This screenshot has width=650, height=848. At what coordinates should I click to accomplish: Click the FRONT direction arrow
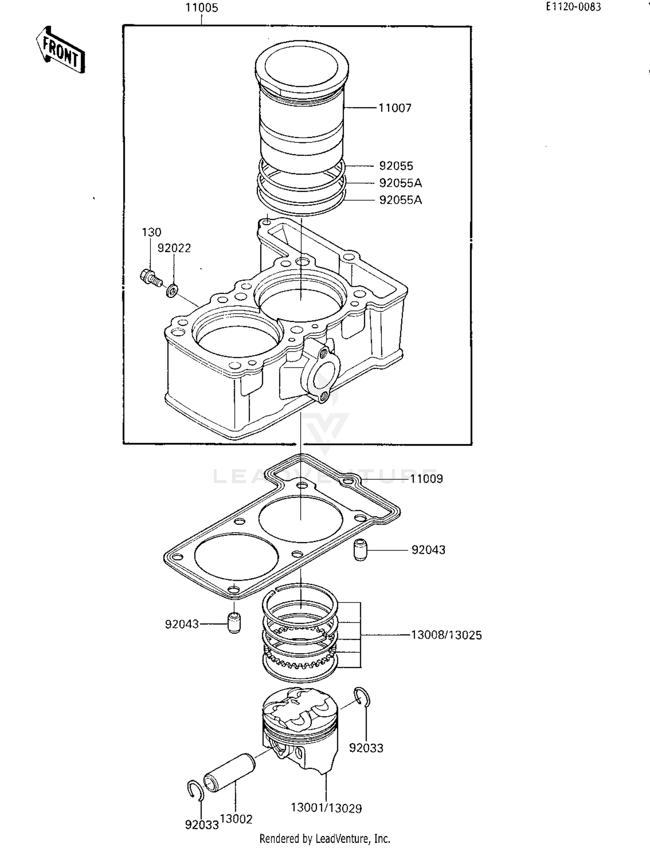[x=61, y=50]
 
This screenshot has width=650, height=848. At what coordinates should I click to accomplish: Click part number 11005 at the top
[x=201, y=8]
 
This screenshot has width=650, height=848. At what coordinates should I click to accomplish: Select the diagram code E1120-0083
[x=573, y=7]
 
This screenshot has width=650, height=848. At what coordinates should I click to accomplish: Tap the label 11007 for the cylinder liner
[x=395, y=108]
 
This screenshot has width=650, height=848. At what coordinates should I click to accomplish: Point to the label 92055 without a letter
[x=396, y=166]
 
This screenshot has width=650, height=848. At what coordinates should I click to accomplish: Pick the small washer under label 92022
[x=172, y=291]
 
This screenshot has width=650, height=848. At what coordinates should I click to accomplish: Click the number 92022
[x=174, y=248]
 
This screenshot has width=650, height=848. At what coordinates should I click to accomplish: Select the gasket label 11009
[x=426, y=479]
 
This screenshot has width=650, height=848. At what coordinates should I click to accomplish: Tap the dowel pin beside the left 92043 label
[x=234, y=623]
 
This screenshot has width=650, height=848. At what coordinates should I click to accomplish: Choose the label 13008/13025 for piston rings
[x=446, y=635]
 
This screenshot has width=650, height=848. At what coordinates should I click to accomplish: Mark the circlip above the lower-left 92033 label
[x=195, y=790]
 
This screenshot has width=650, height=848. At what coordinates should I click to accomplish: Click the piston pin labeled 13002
[x=230, y=772]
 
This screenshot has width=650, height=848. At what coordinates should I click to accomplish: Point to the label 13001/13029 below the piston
[x=326, y=808]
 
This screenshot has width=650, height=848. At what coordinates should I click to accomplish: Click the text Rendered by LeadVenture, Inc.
[x=325, y=839]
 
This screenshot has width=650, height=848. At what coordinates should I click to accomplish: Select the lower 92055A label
[x=400, y=200]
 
